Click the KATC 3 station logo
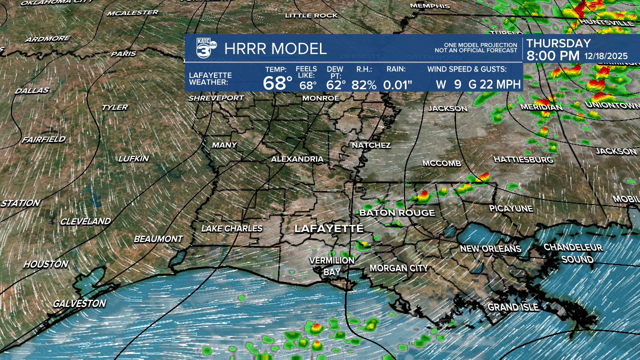[x=205, y=48]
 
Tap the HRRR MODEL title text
[x=275, y=48]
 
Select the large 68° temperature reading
[x=277, y=83]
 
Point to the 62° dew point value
[x=336, y=84]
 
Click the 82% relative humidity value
[x=364, y=84]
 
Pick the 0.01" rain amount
[x=397, y=84]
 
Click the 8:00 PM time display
[x=552, y=56]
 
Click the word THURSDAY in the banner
[x=558, y=43]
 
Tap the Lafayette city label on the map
[x=328, y=228]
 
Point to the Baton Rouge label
[x=397, y=213]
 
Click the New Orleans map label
[x=490, y=248]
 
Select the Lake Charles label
[x=231, y=228]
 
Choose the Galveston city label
[x=79, y=303]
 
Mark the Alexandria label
[x=297, y=159]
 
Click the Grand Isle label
[x=513, y=307]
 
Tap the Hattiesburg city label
[x=523, y=159]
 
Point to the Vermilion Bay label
[x=331, y=266]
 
